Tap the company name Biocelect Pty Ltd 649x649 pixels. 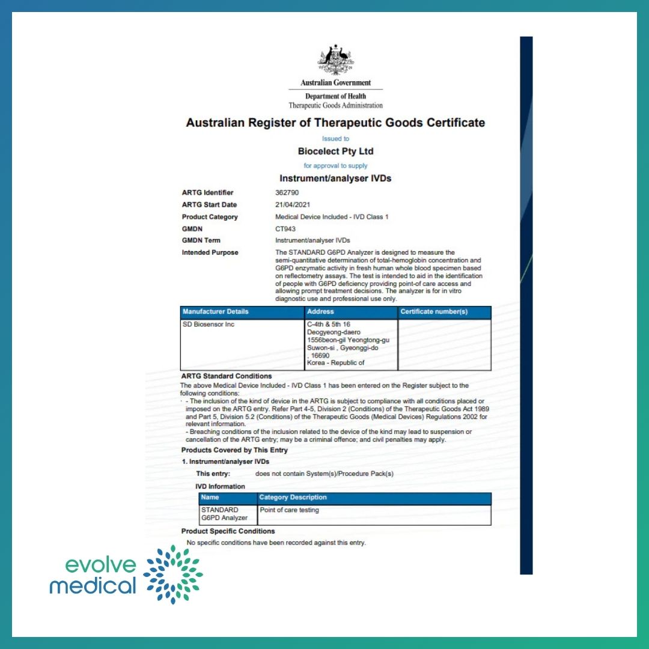[x=335, y=151]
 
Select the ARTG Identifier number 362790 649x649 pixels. [x=287, y=193]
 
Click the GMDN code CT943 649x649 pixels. [x=285, y=228]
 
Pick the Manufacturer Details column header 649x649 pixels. [x=216, y=312]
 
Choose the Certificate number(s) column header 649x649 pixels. [x=434, y=312]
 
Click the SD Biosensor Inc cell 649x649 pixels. [x=209, y=324]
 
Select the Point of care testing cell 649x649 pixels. [x=289, y=510]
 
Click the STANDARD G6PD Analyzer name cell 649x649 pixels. [x=224, y=514]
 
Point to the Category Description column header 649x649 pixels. [x=293, y=498]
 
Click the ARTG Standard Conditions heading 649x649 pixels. [x=227, y=376]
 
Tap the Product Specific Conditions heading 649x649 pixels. [x=228, y=531]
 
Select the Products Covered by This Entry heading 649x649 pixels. [x=234, y=450]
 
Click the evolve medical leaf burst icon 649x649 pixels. [x=173, y=574]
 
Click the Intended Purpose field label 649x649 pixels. [x=210, y=252]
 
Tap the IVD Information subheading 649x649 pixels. [x=220, y=486]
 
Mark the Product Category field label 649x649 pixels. [x=210, y=217]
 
